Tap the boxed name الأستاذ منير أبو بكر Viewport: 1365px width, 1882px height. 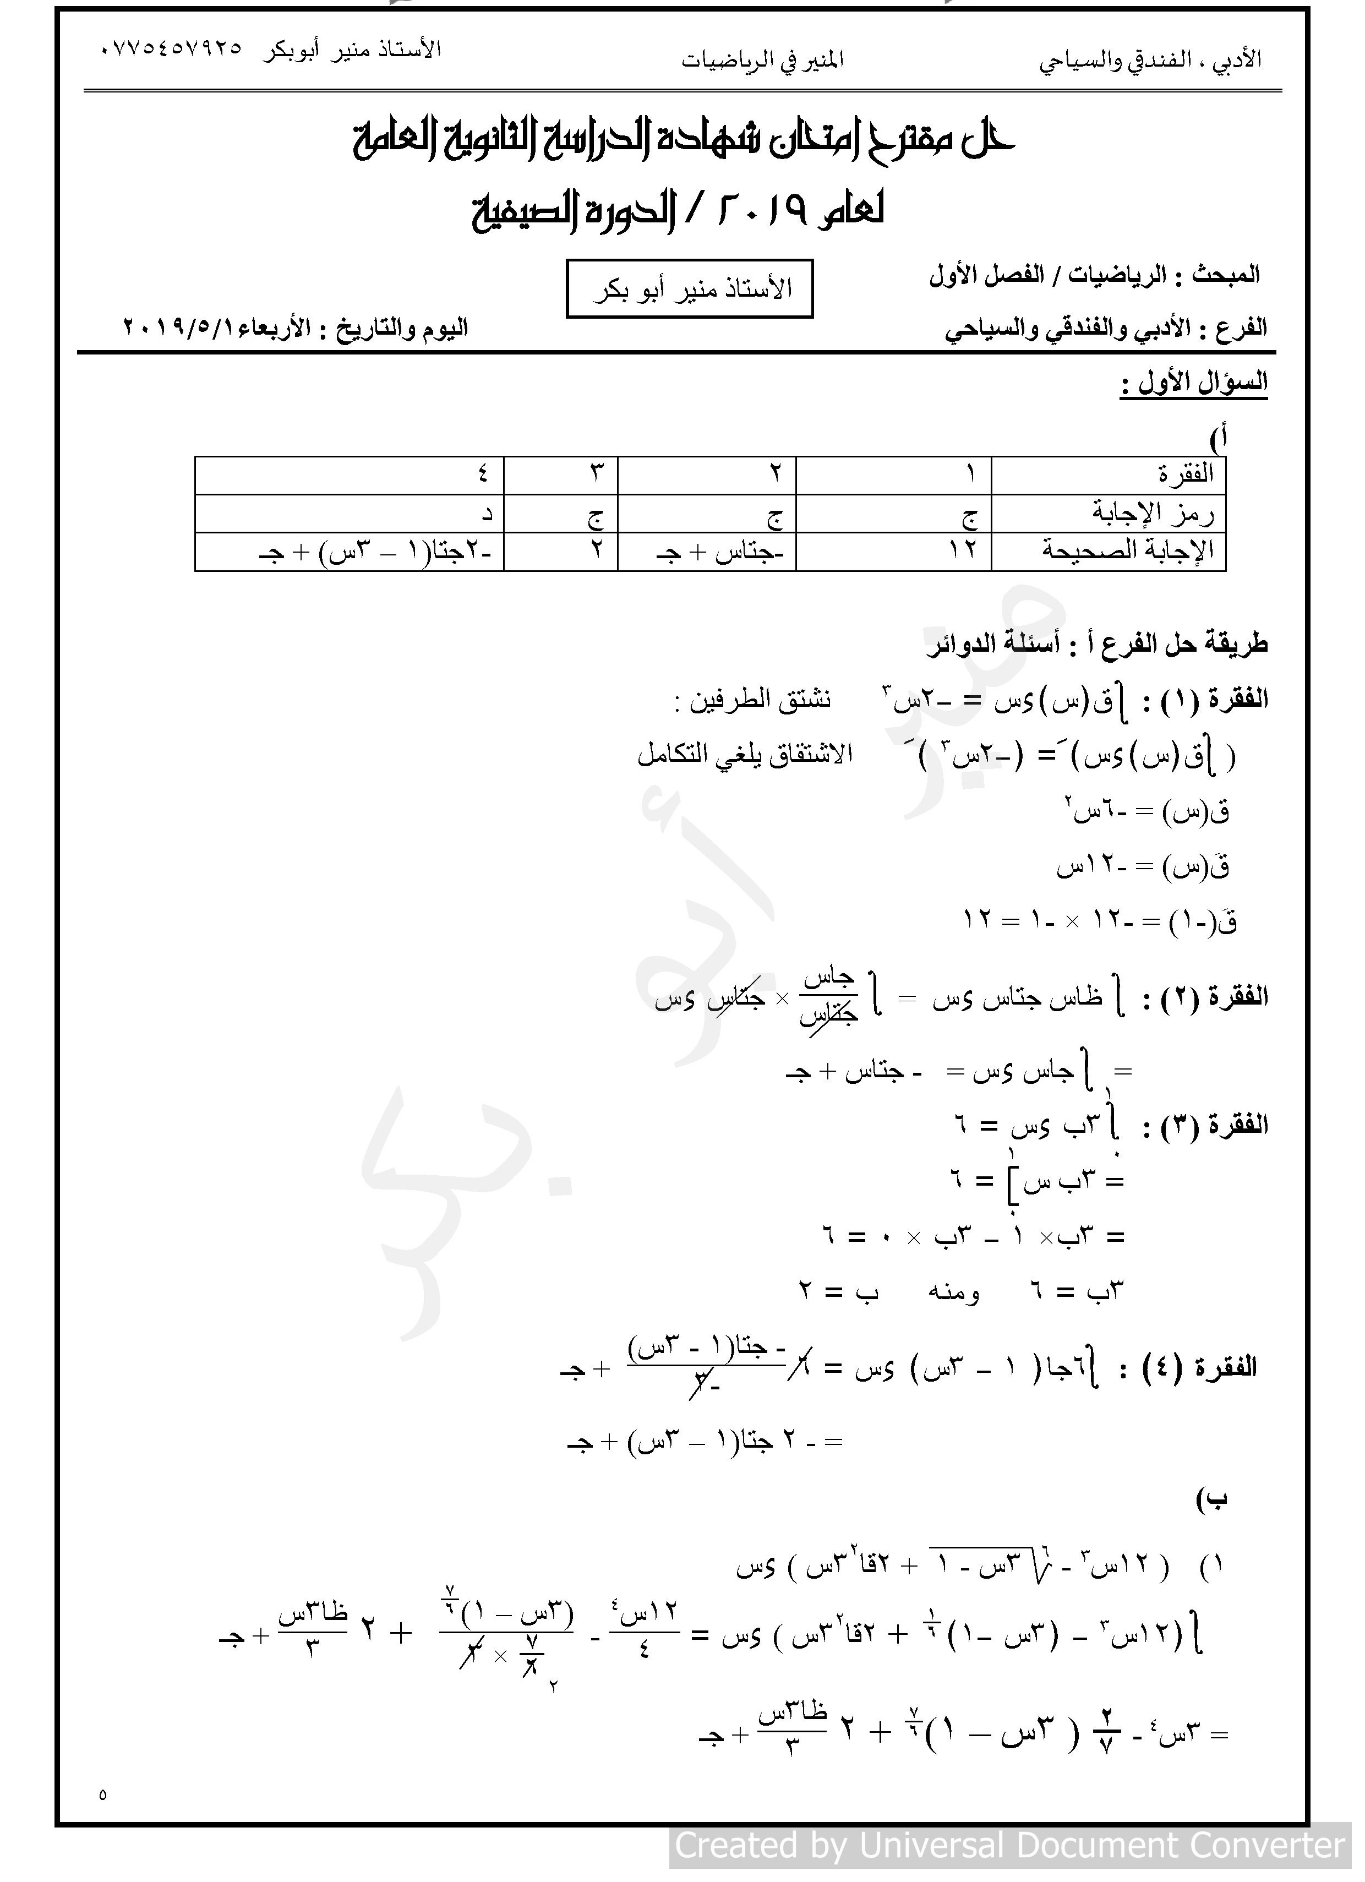coord(690,289)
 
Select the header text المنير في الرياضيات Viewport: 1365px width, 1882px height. coord(762,60)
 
